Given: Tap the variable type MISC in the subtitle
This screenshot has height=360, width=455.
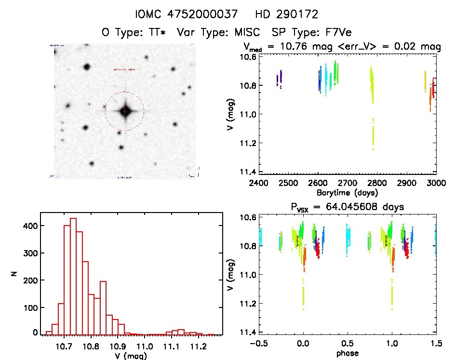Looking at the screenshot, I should click(244, 33).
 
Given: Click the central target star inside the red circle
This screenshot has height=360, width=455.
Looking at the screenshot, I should click(124, 111).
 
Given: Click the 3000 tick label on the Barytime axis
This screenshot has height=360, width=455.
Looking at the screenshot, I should click(436, 183).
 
